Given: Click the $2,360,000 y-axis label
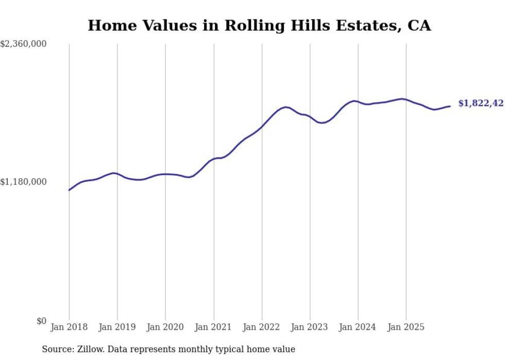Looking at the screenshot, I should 23,44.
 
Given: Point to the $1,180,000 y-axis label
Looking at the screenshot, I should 23,182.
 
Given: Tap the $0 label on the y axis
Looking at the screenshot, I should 41,321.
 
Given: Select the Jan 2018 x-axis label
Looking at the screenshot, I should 69,328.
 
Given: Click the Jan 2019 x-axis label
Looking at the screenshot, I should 117,328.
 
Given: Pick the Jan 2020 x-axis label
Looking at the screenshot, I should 165,328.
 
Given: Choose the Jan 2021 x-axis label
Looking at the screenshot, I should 213,328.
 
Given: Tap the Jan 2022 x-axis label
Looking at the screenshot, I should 262,328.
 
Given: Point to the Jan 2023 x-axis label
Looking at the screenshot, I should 310,328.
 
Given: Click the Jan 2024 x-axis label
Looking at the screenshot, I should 358,328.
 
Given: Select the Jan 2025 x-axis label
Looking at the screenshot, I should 406,328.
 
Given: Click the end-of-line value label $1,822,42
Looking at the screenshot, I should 480,104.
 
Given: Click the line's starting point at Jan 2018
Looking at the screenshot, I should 69,190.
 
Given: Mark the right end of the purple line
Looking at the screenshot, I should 450,106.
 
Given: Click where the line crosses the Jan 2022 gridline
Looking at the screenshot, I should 262,126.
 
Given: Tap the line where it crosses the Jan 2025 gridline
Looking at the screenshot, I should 406,99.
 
